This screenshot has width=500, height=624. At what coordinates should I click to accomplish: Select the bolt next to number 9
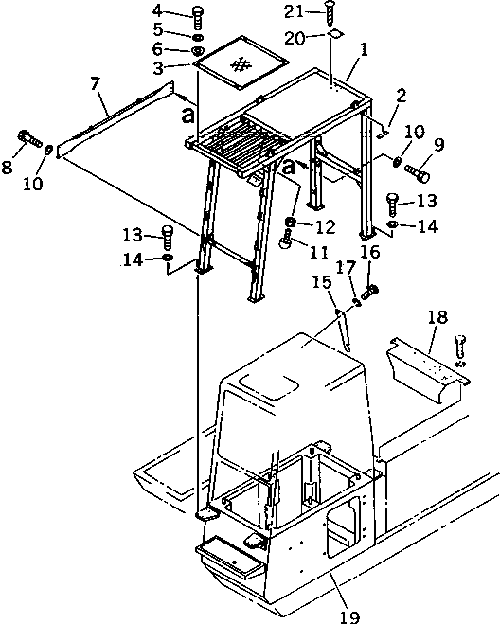pyautogui.click(x=418, y=172)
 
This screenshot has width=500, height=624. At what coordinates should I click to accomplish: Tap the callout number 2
pyautogui.click(x=402, y=95)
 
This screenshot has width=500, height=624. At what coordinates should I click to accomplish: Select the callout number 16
pyautogui.click(x=370, y=252)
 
